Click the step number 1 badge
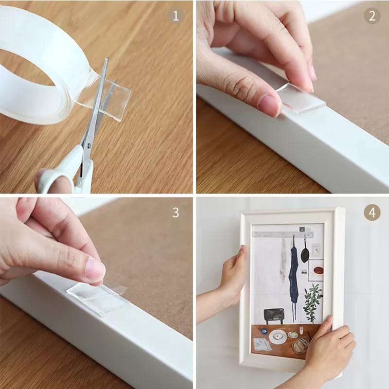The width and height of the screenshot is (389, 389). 176,16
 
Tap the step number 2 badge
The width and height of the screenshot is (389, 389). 372,16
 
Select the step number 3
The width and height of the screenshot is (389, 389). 176,212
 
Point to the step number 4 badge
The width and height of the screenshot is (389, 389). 372,212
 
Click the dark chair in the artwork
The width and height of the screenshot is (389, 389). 274,316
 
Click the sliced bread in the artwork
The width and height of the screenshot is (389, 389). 300,346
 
